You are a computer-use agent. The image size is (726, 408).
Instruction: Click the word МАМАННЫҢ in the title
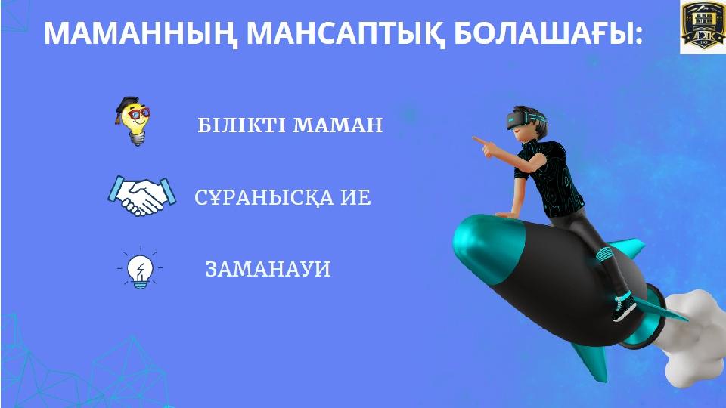point(140,32)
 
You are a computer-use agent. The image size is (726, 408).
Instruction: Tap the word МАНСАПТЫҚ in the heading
point(345,32)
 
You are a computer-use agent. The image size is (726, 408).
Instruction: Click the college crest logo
point(703,27)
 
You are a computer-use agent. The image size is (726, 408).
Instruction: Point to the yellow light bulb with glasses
point(133,121)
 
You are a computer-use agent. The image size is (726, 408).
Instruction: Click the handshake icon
point(141,196)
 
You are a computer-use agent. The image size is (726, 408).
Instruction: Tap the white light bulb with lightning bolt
point(141,270)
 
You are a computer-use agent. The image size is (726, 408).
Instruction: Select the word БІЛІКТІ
point(240,125)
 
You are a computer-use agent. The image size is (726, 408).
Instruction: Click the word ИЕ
point(356,197)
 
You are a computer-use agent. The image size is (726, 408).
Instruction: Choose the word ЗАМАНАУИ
point(268,269)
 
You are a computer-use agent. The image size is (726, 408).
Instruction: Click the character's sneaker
point(624,307)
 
